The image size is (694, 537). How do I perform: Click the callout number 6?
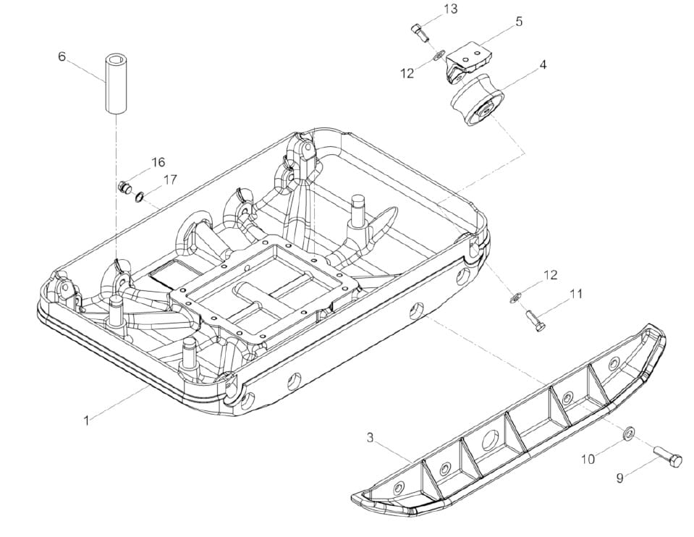tap(62, 56)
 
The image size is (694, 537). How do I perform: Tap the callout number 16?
tap(158, 162)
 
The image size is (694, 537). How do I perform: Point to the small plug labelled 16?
tap(124, 187)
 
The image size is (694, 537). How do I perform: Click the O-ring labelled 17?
tap(140, 196)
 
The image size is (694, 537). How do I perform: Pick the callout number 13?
tap(451, 9)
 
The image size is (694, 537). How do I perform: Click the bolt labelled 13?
tap(420, 33)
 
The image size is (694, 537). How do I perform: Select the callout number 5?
tap(519, 21)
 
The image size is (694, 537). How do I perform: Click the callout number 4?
tap(542, 64)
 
